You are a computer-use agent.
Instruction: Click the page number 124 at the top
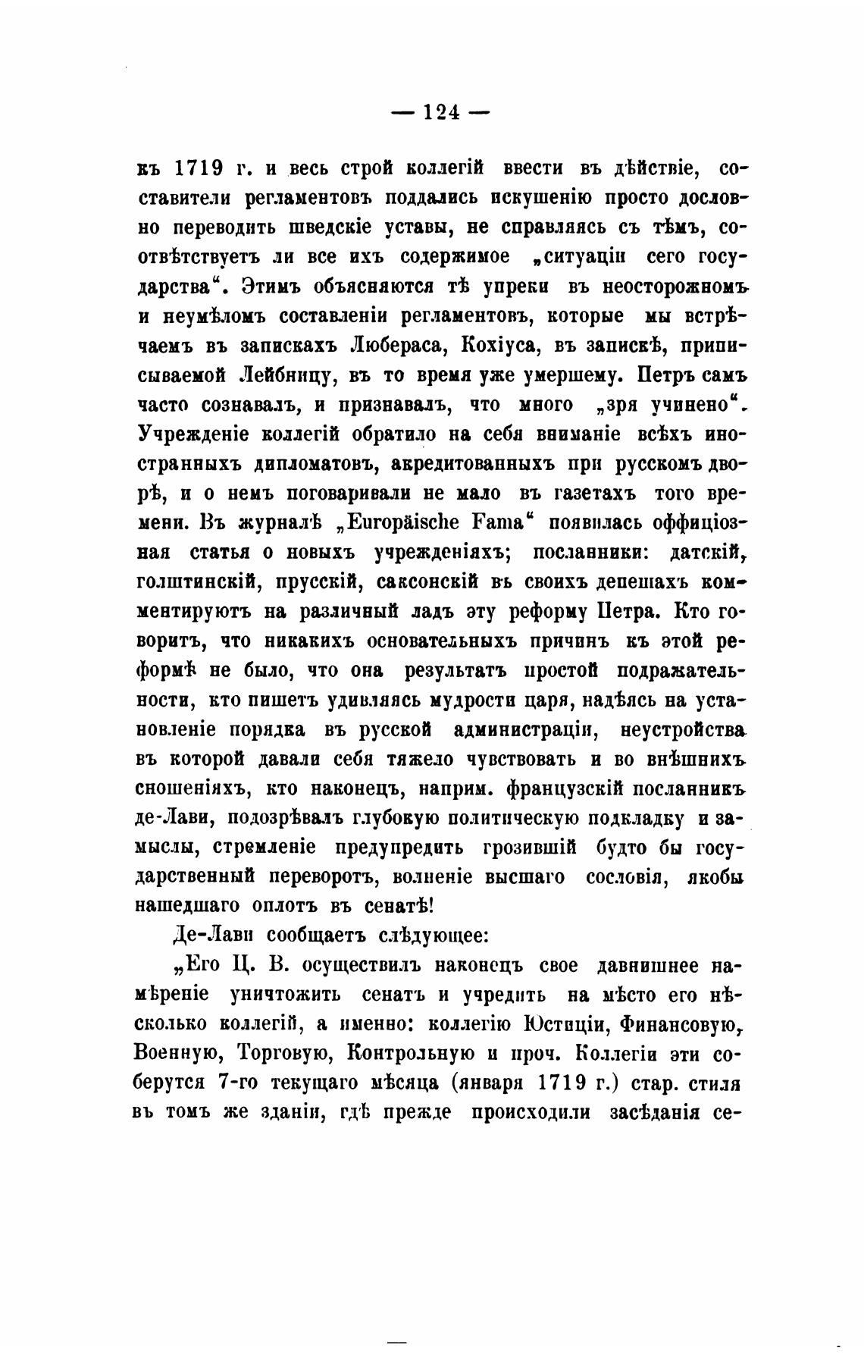coord(440,112)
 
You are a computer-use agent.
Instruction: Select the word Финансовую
coord(678,1024)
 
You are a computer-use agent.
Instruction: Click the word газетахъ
coord(578,494)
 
